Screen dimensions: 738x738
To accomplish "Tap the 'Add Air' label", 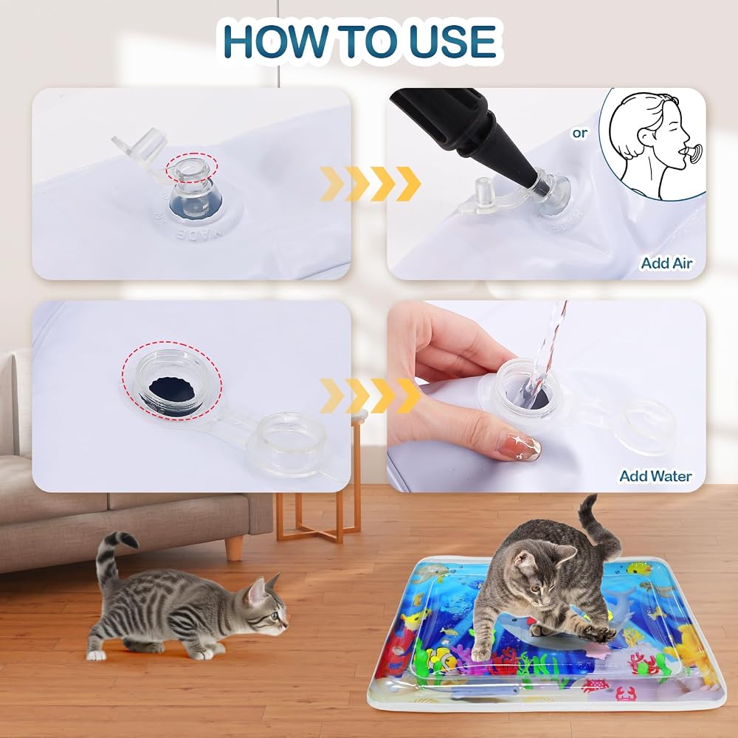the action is (x=666, y=263).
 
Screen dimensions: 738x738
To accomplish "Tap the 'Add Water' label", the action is (x=655, y=476).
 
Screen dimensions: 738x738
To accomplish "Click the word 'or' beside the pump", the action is (x=580, y=133).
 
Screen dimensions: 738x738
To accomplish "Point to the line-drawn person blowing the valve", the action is (x=652, y=144).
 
